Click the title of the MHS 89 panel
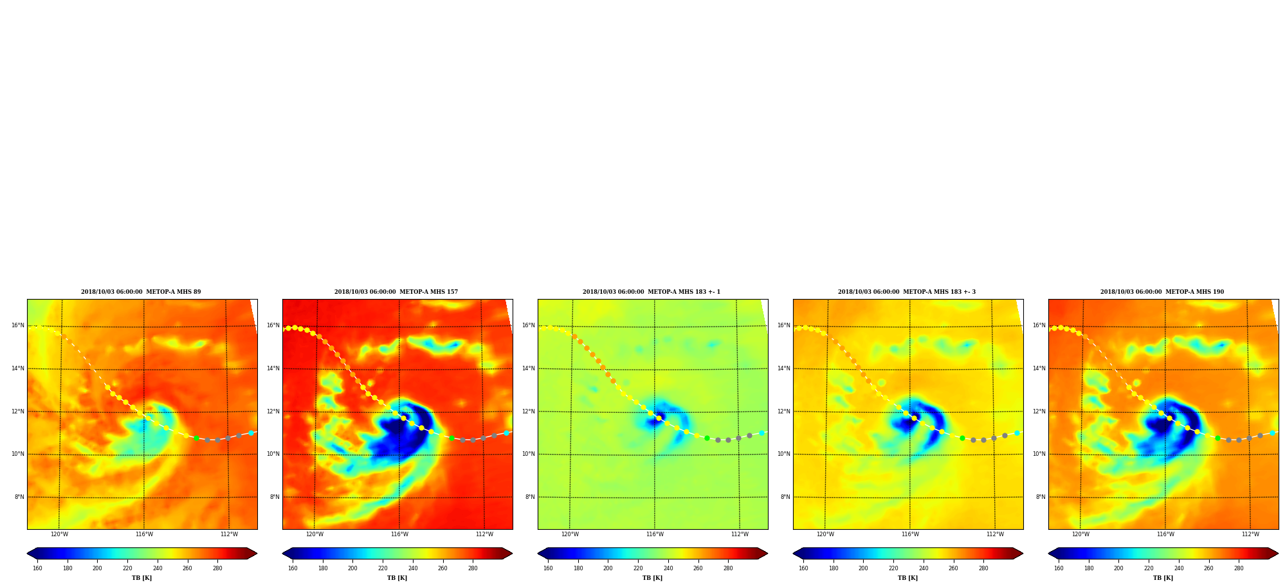tap(141, 292)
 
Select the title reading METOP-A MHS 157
tap(396, 292)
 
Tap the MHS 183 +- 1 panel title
tap(652, 292)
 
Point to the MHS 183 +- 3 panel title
tap(907, 292)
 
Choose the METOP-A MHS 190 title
tap(1162, 292)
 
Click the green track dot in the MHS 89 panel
tap(197, 438)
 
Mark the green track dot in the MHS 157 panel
tap(451, 438)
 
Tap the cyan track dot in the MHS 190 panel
tap(1272, 433)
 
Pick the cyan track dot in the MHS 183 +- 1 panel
tap(761, 433)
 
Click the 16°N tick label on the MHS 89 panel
tap(18, 325)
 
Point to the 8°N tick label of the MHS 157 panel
tap(275, 497)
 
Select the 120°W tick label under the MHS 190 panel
tap(1080, 534)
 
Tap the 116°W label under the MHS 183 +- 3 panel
tap(910, 534)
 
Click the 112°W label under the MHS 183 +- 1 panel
tap(740, 534)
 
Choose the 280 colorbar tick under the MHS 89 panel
tap(217, 568)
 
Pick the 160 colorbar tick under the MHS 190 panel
tap(1059, 568)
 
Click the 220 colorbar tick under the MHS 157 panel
tap(383, 568)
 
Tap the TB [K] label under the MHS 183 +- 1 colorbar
tap(653, 578)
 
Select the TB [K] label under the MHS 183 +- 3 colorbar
tap(908, 578)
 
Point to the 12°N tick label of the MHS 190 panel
tap(1039, 411)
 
